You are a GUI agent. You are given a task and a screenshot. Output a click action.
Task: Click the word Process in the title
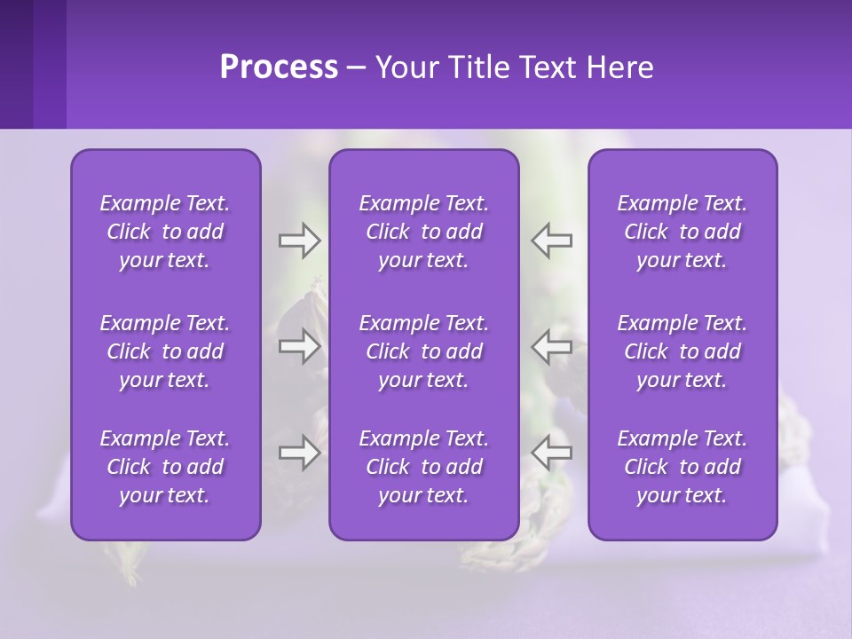279,67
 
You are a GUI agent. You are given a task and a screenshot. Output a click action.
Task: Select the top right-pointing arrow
299,241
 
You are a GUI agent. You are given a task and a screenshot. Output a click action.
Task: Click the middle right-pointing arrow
299,346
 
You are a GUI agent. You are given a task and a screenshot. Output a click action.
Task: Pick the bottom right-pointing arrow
299,453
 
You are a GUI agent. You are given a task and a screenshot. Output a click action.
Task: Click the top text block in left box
165,232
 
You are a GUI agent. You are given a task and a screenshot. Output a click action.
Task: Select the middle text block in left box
165,351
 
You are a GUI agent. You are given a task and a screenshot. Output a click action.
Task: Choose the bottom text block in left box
165,467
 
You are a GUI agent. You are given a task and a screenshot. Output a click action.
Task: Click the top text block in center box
424,232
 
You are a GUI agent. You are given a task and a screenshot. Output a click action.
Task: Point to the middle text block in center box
424,351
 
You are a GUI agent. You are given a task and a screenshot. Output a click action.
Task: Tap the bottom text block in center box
424,467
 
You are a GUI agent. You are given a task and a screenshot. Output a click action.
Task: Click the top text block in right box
682,232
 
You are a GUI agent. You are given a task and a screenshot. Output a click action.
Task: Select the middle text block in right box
682,351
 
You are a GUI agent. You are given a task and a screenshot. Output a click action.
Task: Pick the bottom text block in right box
682,467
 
